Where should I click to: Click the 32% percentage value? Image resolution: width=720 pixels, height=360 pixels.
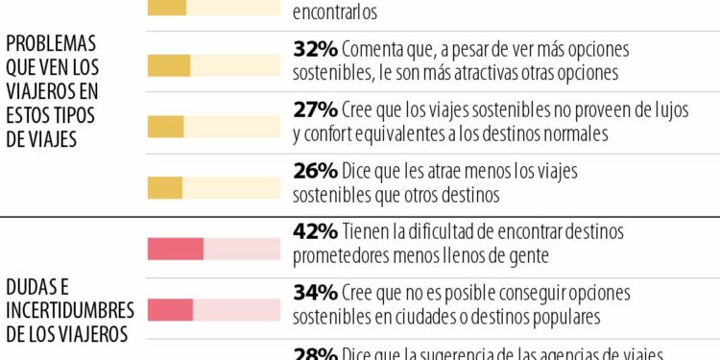point(314,49)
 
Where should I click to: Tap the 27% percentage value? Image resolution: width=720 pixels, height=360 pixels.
point(314,110)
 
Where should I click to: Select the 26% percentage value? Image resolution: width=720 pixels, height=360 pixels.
point(314,171)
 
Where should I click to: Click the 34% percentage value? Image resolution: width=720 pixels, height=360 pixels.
point(314,292)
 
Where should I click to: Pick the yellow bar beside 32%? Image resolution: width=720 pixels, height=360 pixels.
point(169,65)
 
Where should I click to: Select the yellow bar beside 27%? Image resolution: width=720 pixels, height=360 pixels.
point(165,126)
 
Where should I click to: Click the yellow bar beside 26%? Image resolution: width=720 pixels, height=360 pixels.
point(164,187)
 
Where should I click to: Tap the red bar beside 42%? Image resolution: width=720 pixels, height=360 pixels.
point(175,250)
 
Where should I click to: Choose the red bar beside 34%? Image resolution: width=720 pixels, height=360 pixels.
point(170,310)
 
